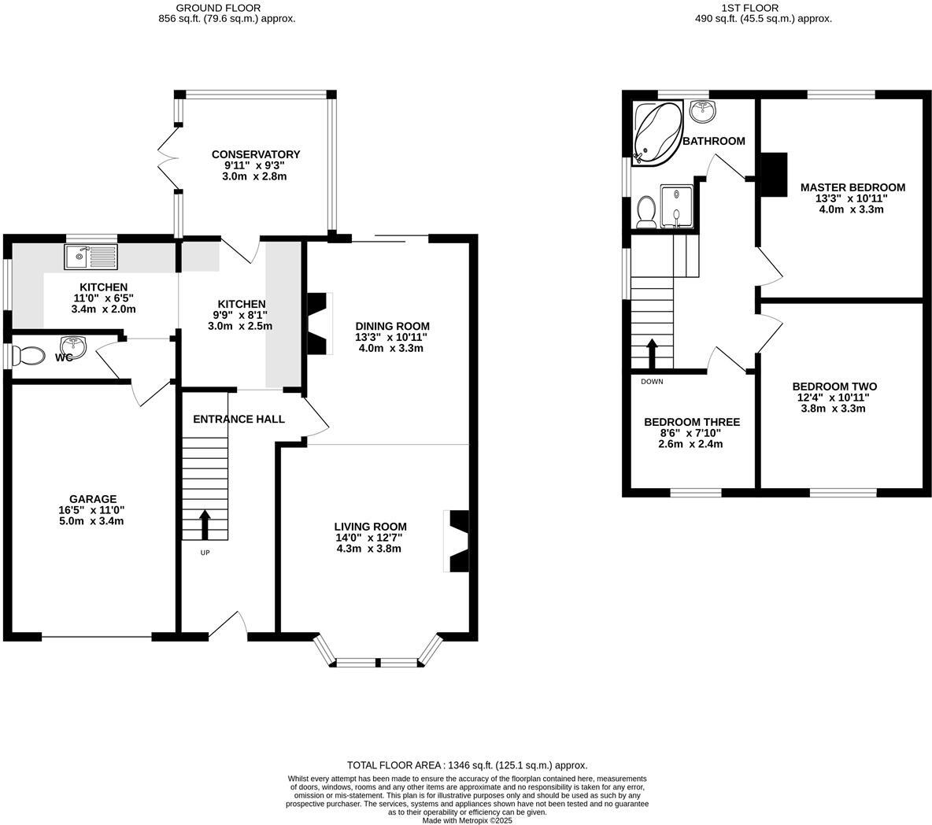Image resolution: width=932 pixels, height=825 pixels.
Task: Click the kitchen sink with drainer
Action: point(91,256)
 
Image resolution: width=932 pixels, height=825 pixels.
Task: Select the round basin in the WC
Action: point(73,346)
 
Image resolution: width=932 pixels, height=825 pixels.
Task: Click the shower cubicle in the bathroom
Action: point(676,206)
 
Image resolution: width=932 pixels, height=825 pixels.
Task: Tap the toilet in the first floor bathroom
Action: point(645,213)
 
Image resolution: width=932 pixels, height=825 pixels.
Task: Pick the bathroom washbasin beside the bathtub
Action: point(703,111)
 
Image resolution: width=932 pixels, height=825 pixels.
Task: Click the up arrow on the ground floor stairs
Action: point(205,524)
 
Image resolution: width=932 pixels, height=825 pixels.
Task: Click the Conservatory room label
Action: point(256,154)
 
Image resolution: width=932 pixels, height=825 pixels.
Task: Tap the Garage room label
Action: point(93,499)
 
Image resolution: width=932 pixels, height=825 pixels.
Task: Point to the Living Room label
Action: point(370,527)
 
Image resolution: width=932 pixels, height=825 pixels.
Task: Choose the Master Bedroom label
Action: point(853,188)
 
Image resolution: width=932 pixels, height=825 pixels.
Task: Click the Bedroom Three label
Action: point(693,422)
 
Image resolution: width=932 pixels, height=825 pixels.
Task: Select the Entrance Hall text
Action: point(239,419)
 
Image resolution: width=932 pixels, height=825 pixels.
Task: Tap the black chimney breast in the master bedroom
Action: point(775,174)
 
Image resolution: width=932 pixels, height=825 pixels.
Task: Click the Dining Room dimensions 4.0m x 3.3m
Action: point(391,348)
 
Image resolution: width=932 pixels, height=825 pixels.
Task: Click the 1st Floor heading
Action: point(749,9)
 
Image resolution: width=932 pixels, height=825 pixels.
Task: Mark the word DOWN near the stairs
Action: point(652,382)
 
